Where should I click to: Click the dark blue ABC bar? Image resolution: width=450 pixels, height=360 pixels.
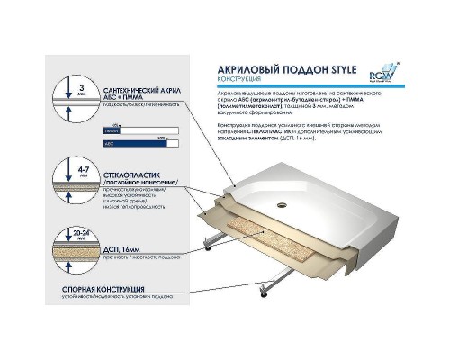(143, 141)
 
